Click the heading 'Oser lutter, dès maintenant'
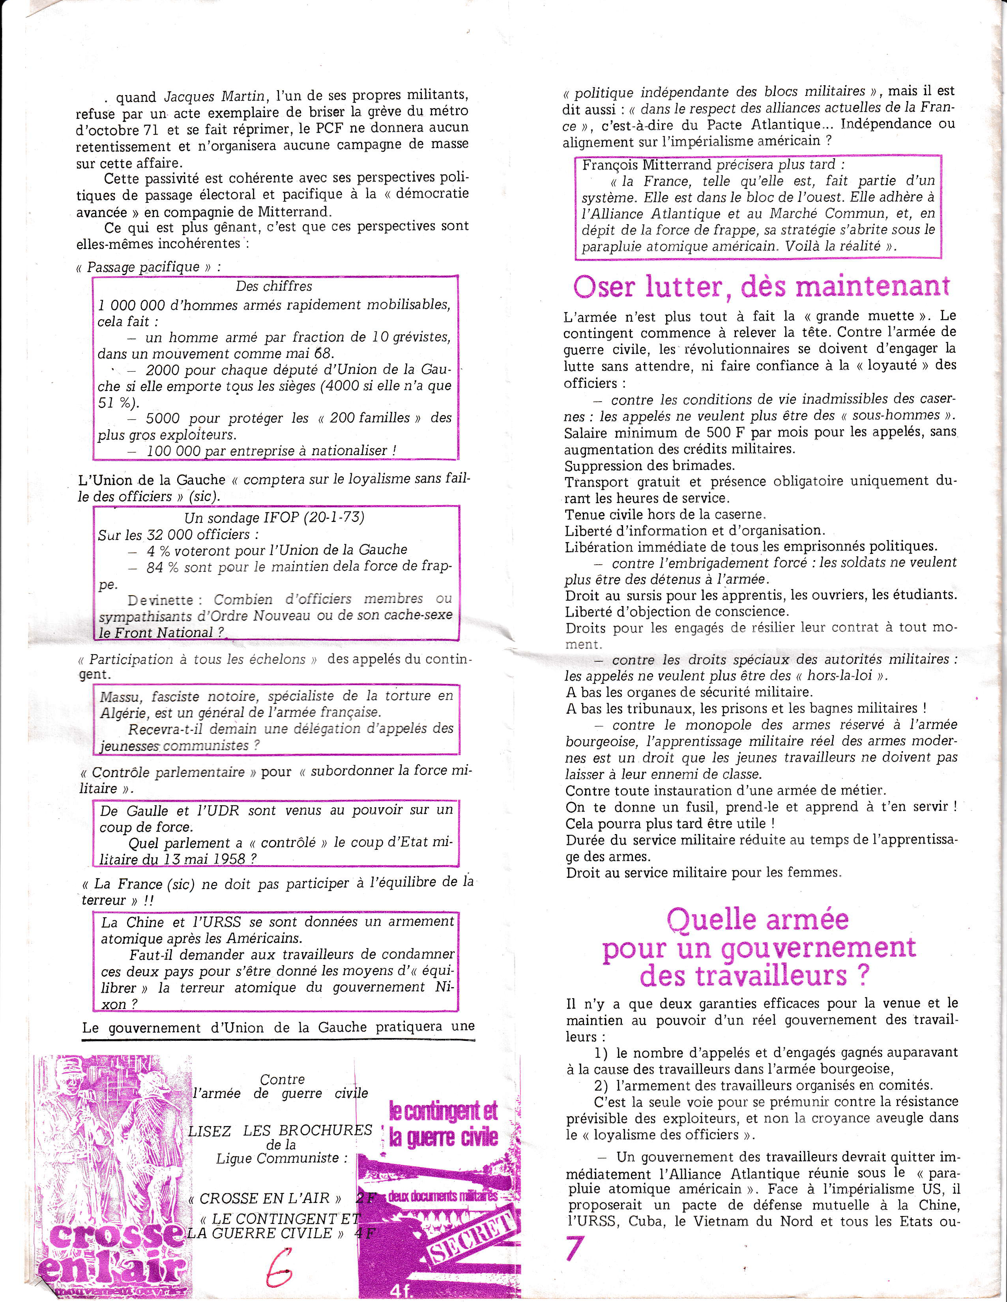coord(761,287)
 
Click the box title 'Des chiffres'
coord(274,286)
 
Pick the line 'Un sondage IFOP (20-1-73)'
coord(274,517)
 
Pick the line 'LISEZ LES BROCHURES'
coord(280,1130)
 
